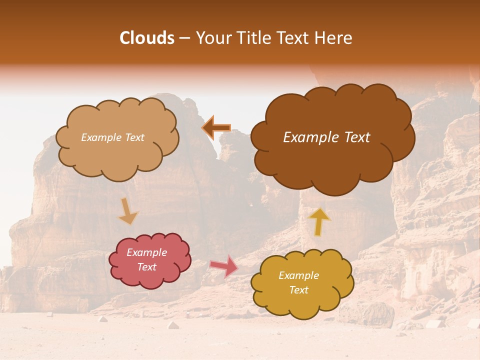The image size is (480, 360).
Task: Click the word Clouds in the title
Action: pos(147,38)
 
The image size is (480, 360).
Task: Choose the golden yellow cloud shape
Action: pos(302,302)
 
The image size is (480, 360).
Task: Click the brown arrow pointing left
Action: pos(216,128)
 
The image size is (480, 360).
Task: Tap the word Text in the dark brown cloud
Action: pos(357,137)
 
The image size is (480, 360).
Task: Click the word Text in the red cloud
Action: pos(147,267)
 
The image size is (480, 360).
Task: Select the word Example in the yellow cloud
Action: pos(298,275)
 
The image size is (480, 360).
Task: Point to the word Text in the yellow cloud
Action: pos(298,290)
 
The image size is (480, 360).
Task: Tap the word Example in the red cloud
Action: pos(147,252)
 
